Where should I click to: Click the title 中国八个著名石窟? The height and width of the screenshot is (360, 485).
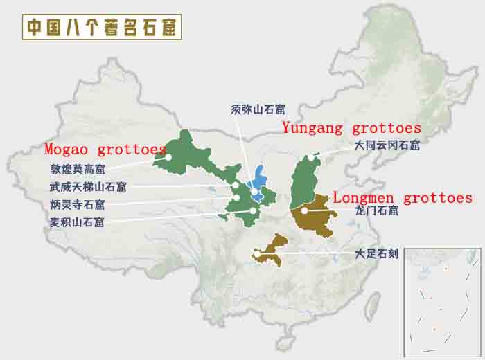pos(102,27)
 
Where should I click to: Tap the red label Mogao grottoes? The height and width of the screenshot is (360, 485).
pos(105,149)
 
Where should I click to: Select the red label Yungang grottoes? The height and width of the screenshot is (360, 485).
pos(351,128)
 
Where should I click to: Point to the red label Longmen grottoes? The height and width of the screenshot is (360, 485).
pos(403,197)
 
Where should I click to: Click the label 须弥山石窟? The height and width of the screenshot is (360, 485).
pos(258,109)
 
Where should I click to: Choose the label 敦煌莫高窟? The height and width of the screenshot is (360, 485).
pos(78,168)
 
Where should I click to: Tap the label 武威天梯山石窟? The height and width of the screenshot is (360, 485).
pos(88,186)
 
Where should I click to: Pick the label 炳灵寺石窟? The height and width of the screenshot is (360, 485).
pos(77,204)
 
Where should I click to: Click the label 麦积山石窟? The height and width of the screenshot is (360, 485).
pos(77,222)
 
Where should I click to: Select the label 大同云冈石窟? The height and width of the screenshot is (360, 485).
pos(387,145)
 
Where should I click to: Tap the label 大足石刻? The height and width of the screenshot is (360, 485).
pos(376,254)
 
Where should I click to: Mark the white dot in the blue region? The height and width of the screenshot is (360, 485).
pos(255,192)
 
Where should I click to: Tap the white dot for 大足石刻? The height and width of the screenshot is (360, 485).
pos(258,255)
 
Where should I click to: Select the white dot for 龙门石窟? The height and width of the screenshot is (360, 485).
pos(304,210)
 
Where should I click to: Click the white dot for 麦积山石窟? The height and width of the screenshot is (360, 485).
pos(254,210)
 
